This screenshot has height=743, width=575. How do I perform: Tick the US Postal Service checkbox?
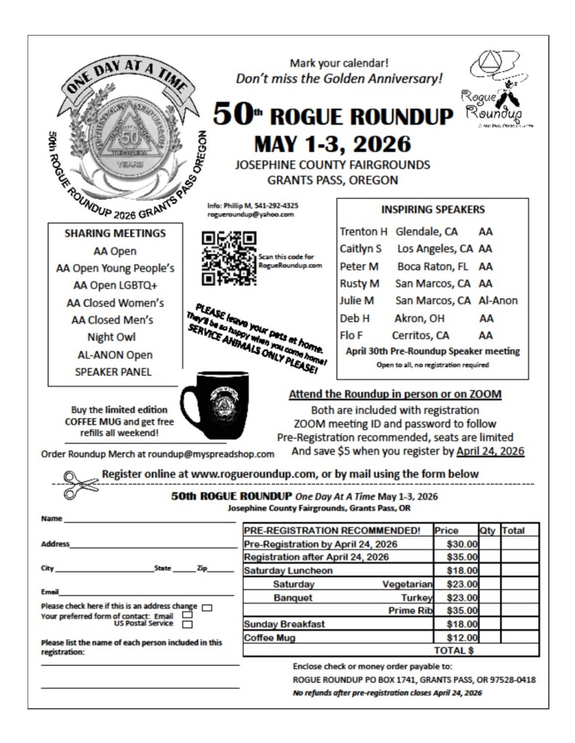[x=188, y=624]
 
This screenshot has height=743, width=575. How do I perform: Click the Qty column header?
[x=487, y=531]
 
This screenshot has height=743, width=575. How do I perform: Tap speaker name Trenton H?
[x=363, y=232]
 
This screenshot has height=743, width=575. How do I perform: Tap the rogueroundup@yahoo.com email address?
[x=250, y=214]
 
